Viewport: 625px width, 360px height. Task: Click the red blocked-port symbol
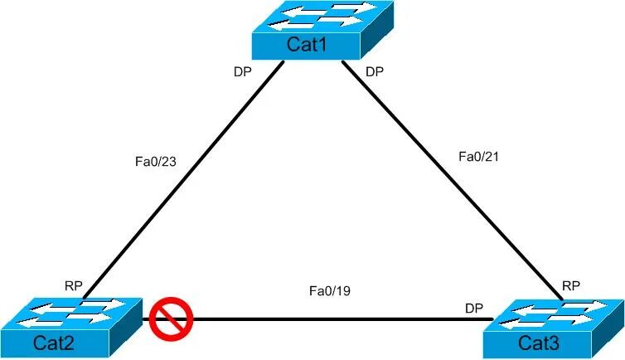(x=172, y=320)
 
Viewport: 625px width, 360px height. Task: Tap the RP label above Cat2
(x=74, y=285)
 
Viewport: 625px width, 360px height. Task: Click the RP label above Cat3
(x=571, y=285)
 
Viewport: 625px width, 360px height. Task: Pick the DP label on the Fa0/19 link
(x=474, y=308)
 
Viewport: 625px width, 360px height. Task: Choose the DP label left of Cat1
(x=242, y=71)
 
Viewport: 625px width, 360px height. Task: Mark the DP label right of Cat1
(x=375, y=71)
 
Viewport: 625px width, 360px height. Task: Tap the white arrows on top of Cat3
(x=558, y=314)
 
